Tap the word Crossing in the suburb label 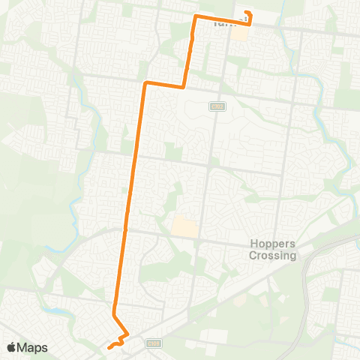[272, 255]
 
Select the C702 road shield [214, 106]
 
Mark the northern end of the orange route [247, 13]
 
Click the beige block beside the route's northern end [238, 33]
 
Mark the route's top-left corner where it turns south [196, 16]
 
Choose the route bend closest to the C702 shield [184, 87]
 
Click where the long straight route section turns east [145, 82]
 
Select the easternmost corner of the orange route [250, 24]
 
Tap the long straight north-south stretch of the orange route [132, 187]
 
